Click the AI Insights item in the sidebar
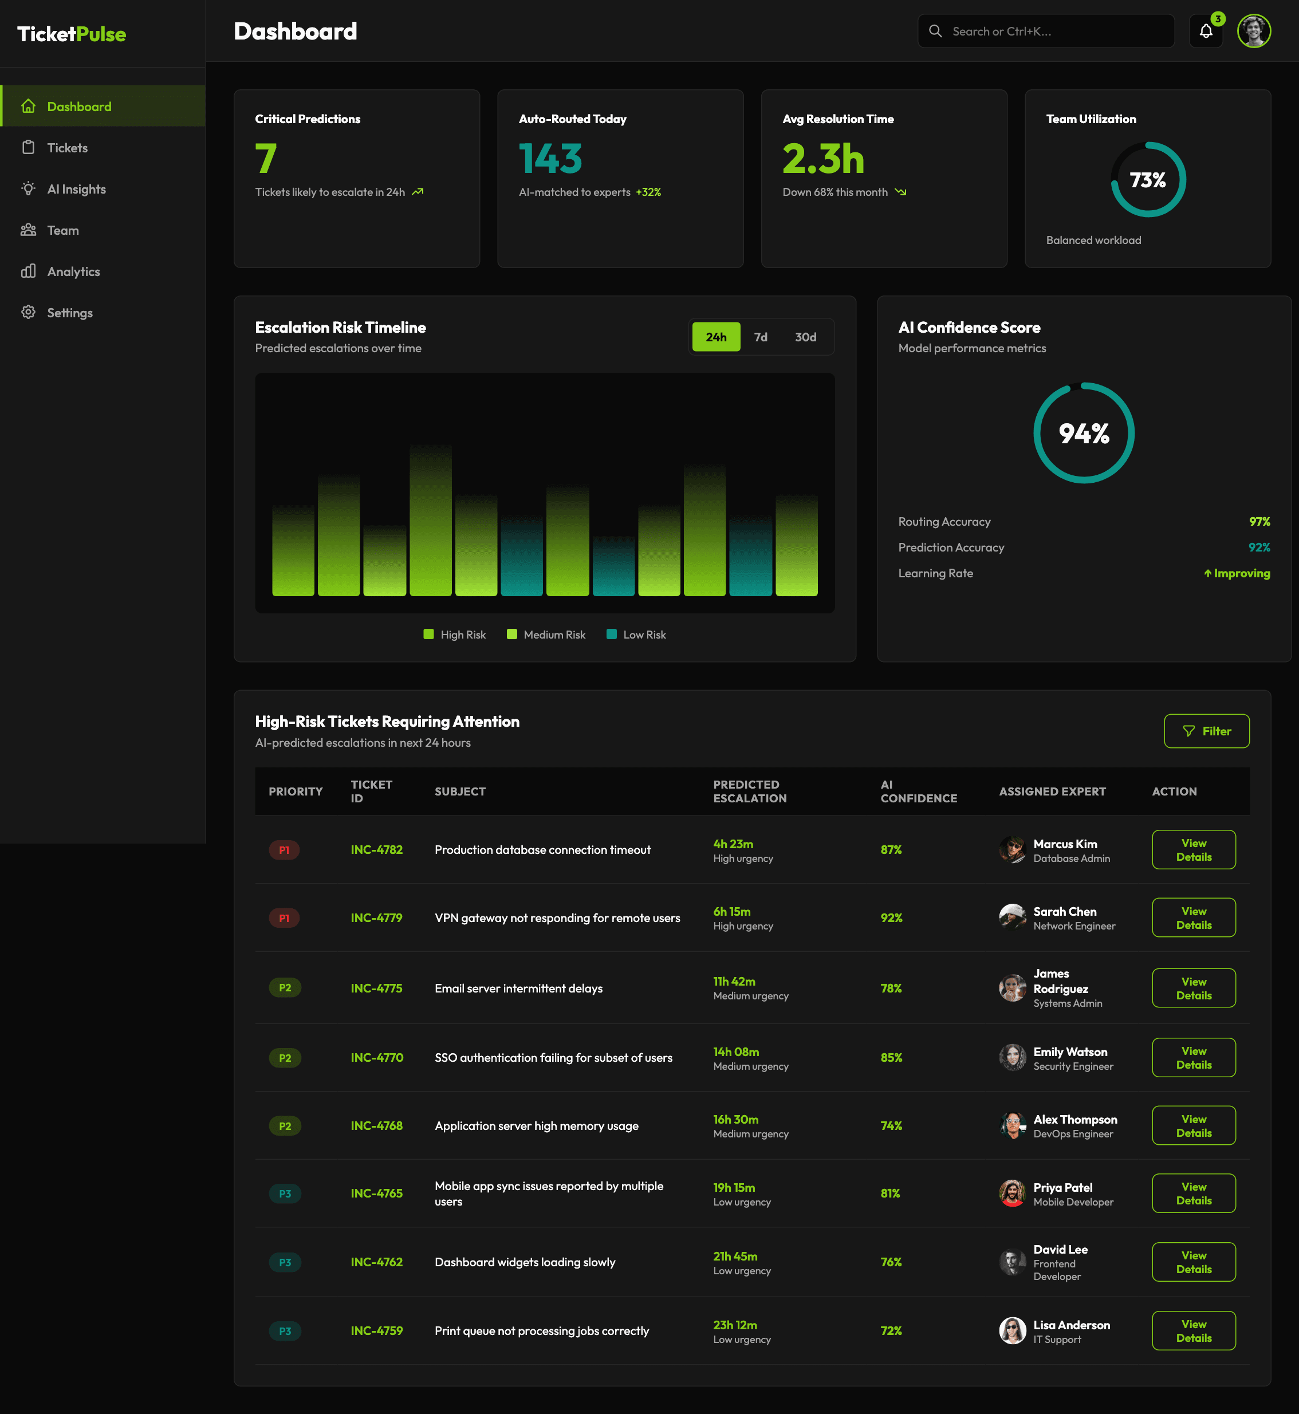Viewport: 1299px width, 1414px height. (76, 189)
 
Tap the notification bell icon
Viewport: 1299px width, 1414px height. (1206, 31)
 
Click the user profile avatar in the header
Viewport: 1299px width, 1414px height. (1253, 31)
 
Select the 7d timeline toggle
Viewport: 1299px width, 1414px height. (761, 337)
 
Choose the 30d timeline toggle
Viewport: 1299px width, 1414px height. (805, 337)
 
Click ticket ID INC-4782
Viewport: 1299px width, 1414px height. (376, 850)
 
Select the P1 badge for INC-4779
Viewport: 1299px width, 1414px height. (284, 918)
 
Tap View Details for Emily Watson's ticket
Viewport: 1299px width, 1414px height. (1193, 1058)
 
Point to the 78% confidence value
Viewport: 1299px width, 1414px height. (891, 988)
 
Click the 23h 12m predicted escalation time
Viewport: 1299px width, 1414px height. (734, 1325)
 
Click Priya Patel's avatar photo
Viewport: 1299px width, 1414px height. (1012, 1194)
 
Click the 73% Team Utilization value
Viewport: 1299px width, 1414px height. (1147, 180)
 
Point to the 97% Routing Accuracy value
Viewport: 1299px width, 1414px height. (1259, 522)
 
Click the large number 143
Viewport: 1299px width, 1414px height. (550, 159)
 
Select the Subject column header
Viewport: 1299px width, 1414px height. (460, 791)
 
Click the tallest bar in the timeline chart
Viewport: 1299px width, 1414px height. (430, 520)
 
